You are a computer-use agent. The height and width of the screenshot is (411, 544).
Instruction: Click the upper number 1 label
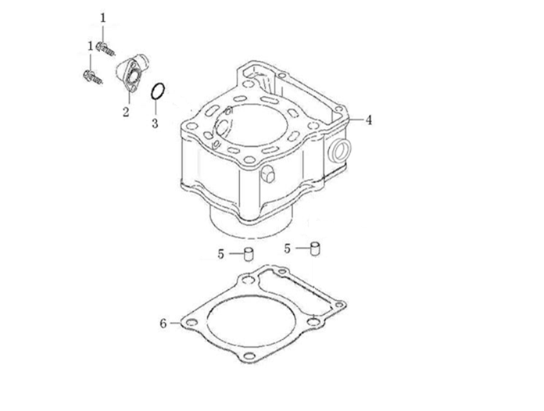point(102,18)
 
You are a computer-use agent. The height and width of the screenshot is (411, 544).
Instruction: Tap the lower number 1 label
point(91,46)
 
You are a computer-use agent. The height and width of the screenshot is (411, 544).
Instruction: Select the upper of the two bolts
point(106,49)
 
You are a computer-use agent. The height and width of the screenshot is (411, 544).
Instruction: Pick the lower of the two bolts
point(93,77)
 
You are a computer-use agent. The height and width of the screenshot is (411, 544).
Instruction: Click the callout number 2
point(126,112)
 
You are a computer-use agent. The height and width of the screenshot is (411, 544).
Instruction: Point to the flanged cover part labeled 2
point(132,73)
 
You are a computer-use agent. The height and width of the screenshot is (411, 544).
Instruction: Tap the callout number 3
point(155,123)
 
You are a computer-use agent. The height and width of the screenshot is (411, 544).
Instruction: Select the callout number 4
point(369,120)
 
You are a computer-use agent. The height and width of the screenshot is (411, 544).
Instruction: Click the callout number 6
point(163,323)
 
